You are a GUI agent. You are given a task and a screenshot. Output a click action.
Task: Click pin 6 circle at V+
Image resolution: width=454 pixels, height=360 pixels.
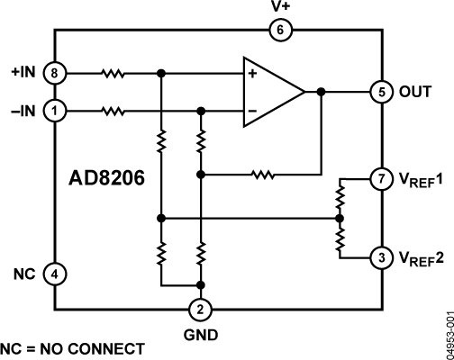[x=279, y=31]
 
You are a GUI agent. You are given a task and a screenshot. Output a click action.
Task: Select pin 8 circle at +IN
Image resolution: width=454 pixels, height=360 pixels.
[x=56, y=72]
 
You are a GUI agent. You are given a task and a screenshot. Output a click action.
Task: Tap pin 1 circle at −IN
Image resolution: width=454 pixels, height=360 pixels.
[x=56, y=112]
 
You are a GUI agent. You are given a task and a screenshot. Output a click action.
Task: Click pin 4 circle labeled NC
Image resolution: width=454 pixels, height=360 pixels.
[x=56, y=273]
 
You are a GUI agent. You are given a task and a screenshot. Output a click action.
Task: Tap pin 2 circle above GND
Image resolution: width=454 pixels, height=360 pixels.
[x=202, y=310]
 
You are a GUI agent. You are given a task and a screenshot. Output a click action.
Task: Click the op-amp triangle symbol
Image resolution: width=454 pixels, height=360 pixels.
[x=270, y=92]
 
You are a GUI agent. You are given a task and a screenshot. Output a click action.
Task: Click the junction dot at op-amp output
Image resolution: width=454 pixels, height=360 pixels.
[x=321, y=92]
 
